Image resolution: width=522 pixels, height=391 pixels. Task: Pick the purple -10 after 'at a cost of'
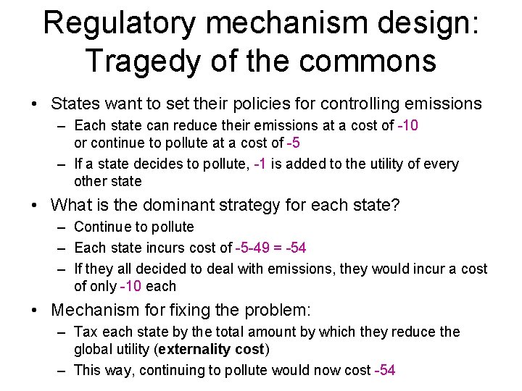(407, 126)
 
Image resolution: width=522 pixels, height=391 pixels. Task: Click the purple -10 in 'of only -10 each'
(130, 286)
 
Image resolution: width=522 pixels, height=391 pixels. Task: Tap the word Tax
(86, 332)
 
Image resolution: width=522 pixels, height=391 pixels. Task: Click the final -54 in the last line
(384, 371)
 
